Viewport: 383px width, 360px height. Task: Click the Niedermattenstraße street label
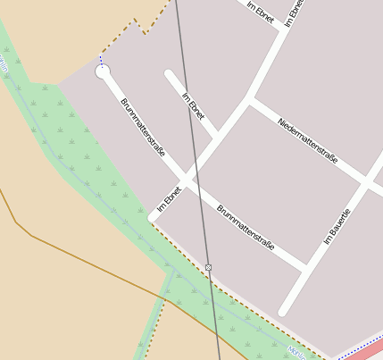tap(307, 139)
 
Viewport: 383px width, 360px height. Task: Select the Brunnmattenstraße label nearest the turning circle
tap(143, 128)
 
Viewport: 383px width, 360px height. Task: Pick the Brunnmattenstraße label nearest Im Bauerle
tap(245, 227)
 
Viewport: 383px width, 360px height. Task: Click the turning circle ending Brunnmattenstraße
tap(103, 71)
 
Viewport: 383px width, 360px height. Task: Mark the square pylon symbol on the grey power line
tap(208, 267)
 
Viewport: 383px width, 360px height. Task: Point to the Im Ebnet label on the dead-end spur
tap(193, 106)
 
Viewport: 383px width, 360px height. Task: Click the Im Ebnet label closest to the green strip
tap(169, 199)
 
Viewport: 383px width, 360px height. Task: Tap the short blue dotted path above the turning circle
tap(101, 61)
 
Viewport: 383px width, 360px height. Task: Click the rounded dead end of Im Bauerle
tap(284, 311)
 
